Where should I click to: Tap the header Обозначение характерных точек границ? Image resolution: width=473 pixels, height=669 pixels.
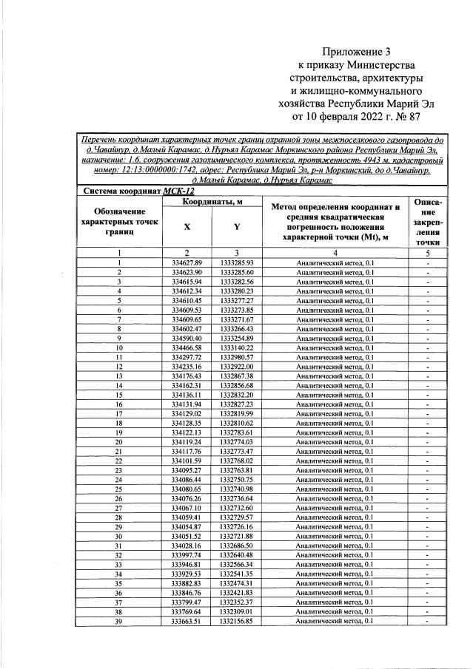click(x=118, y=221)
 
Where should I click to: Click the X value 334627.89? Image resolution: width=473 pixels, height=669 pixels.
click(x=186, y=263)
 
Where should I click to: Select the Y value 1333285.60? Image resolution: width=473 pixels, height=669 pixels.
click(x=236, y=273)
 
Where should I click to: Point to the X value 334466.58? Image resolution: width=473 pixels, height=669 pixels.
click(x=186, y=347)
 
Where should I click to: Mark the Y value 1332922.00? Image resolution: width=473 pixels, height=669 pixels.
click(x=236, y=367)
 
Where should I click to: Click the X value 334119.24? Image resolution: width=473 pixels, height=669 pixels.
click(x=186, y=442)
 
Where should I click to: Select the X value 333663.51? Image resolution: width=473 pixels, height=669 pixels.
click(x=186, y=622)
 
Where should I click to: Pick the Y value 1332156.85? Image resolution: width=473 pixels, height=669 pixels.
click(x=236, y=622)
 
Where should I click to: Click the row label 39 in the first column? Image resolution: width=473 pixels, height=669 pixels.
click(x=118, y=622)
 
